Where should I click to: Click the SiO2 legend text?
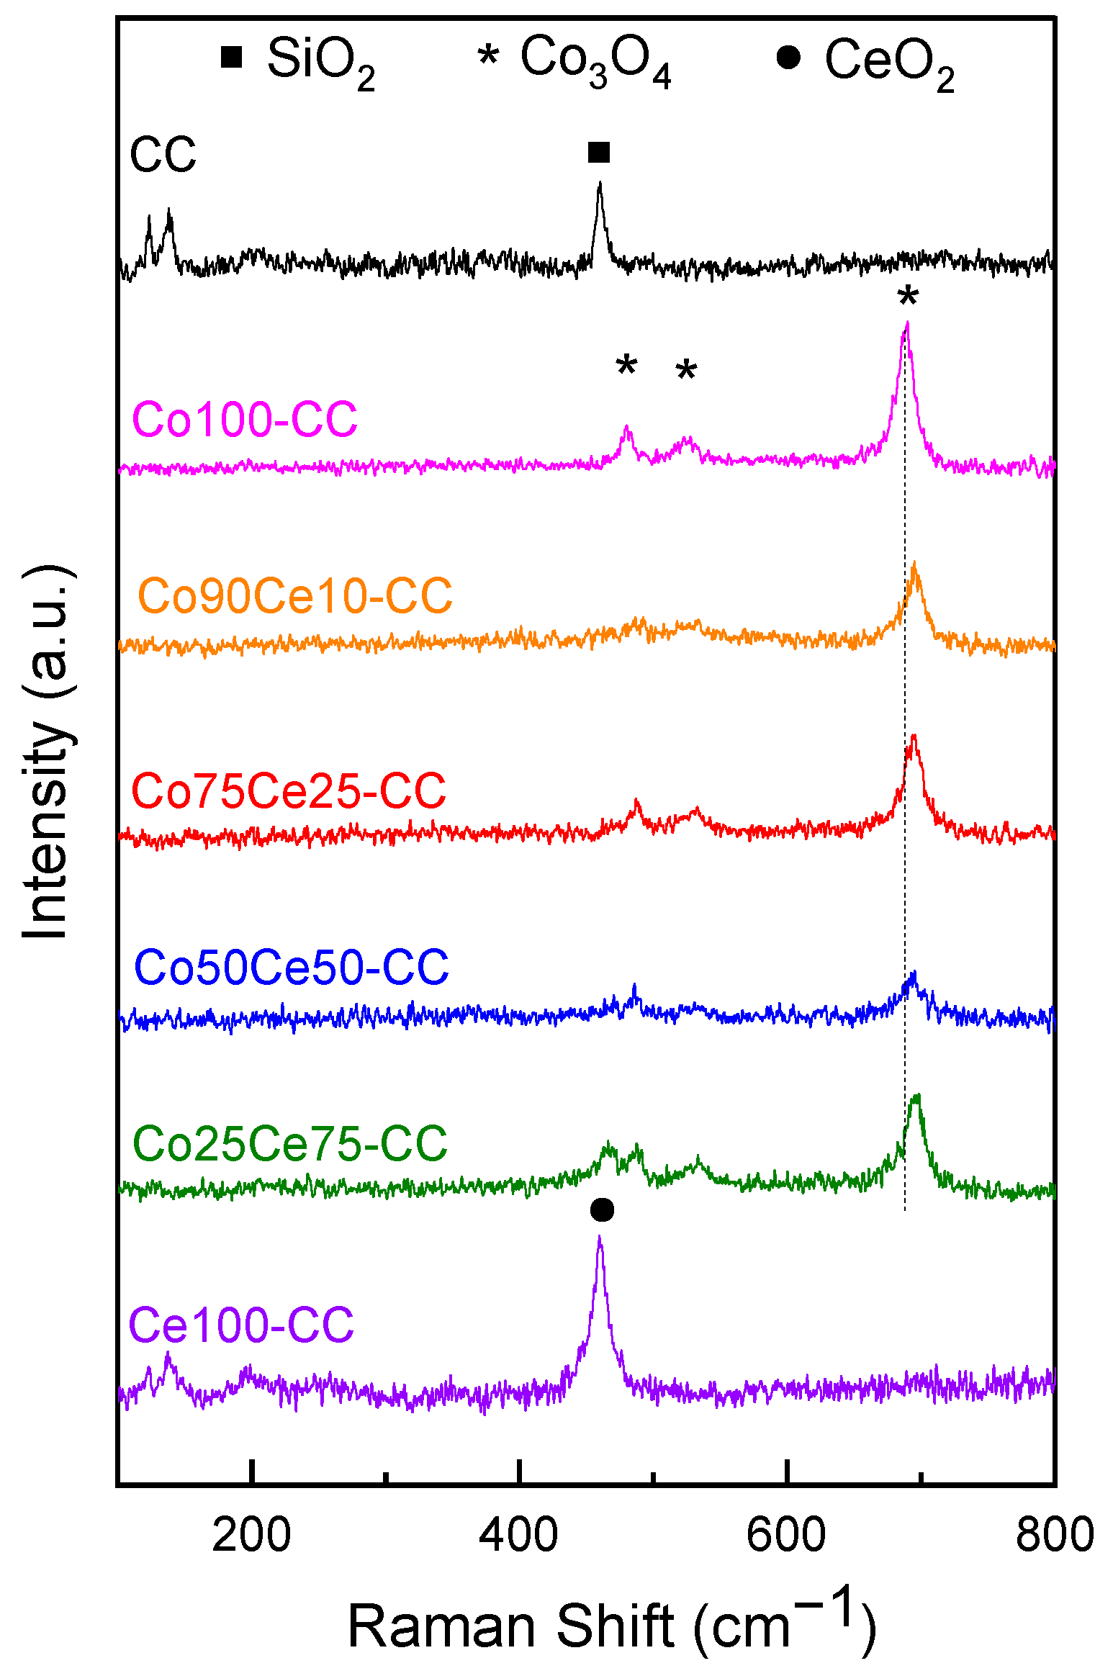(320, 62)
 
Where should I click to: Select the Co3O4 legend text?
(595, 62)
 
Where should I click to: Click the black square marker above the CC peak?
(599, 153)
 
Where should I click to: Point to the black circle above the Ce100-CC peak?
(602, 1210)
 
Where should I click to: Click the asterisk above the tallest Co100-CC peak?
(909, 297)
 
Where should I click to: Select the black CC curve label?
(163, 154)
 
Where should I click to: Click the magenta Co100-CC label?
(245, 420)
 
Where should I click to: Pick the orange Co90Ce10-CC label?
(295, 596)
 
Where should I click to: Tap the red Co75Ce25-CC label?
(289, 790)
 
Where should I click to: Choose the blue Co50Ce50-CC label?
(292, 967)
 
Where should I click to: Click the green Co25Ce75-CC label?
(290, 1143)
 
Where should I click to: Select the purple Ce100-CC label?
(241, 1325)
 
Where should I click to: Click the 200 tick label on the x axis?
(251, 1535)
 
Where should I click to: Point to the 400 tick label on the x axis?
(518, 1535)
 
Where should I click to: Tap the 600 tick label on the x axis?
(786, 1535)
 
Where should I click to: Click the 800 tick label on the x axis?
(1054, 1535)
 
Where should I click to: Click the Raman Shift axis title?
(611, 1624)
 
